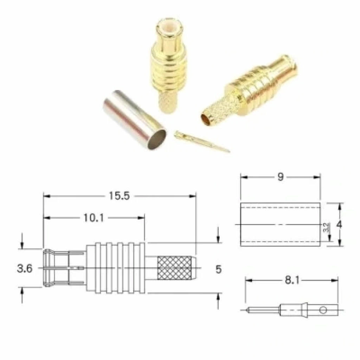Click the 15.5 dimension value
click(x=119, y=196)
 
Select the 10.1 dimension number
click(x=94, y=218)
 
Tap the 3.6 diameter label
click(x=25, y=268)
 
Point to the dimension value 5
click(x=218, y=269)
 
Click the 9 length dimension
click(x=281, y=177)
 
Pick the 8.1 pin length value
click(x=292, y=280)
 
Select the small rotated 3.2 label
click(x=326, y=227)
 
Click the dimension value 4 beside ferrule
click(x=339, y=225)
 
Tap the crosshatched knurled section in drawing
click(x=174, y=268)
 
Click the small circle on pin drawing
click(x=323, y=310)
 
